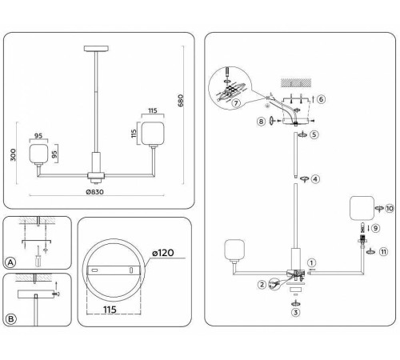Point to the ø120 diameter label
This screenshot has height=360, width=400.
click(164, 254)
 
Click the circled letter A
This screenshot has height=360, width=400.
click(11, 262)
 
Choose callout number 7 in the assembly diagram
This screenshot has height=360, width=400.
click(235, 104)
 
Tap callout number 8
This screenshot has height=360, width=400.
click(261, 122)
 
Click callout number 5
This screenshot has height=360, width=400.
click(314, 135)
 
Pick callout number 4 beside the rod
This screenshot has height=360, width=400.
click(315, 179)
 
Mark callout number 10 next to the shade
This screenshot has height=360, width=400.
click(390, 208)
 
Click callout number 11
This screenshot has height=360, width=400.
click(383, 251)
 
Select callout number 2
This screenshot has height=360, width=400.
click(262, 283)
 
